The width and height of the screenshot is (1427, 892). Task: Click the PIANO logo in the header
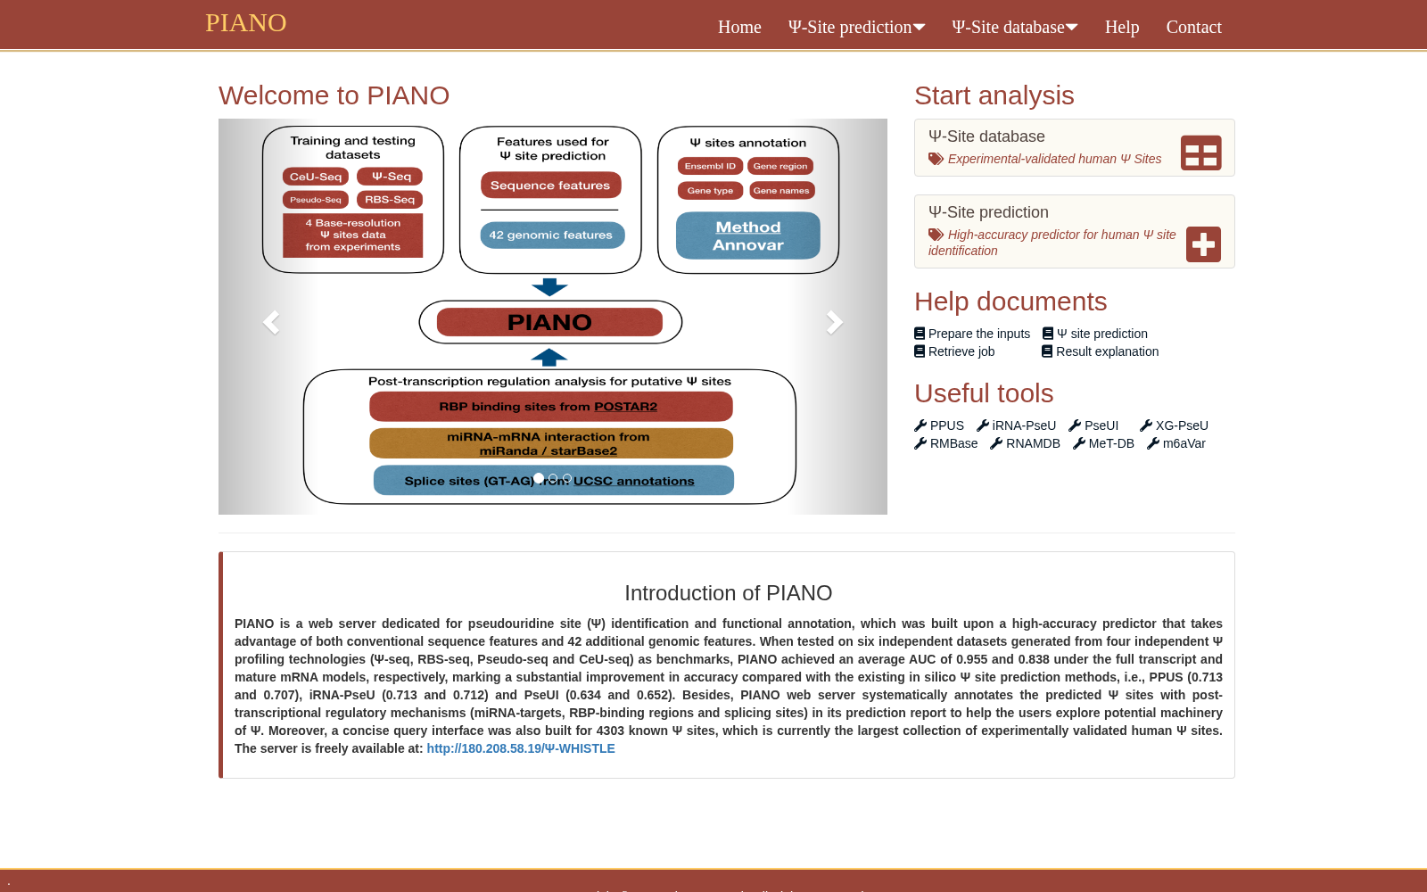point(246,23)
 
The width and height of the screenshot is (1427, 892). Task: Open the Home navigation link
point(739,27)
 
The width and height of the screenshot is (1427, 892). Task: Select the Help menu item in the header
point(1121,27)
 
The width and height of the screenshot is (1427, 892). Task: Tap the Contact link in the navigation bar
point(1193,27)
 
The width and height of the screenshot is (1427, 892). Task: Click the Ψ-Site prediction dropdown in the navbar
point(856,27)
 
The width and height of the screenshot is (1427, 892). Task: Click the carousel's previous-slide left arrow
point(271,322)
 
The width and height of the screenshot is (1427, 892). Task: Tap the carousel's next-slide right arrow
point(834,322)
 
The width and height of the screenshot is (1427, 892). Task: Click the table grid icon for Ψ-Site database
point(1200,153)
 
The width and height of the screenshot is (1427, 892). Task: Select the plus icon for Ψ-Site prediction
point(1203,244)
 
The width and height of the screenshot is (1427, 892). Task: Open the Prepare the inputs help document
point(972,334)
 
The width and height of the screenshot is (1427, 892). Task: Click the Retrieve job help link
point(954,351)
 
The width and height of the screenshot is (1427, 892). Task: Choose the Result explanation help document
point(1101,351)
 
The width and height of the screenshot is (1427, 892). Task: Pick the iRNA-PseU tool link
point(1016,425)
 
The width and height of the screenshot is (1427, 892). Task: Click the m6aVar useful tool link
point(1176,442)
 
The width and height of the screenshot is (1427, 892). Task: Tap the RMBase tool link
point(946,442)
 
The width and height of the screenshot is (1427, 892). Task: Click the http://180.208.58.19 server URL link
point(521,748)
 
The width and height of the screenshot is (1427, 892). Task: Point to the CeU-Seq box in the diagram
point(316,177)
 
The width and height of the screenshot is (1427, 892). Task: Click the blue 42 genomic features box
point(552,235)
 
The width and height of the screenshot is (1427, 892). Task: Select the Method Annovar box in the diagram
point(748,235)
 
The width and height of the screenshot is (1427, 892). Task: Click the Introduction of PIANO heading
point(728,592)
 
